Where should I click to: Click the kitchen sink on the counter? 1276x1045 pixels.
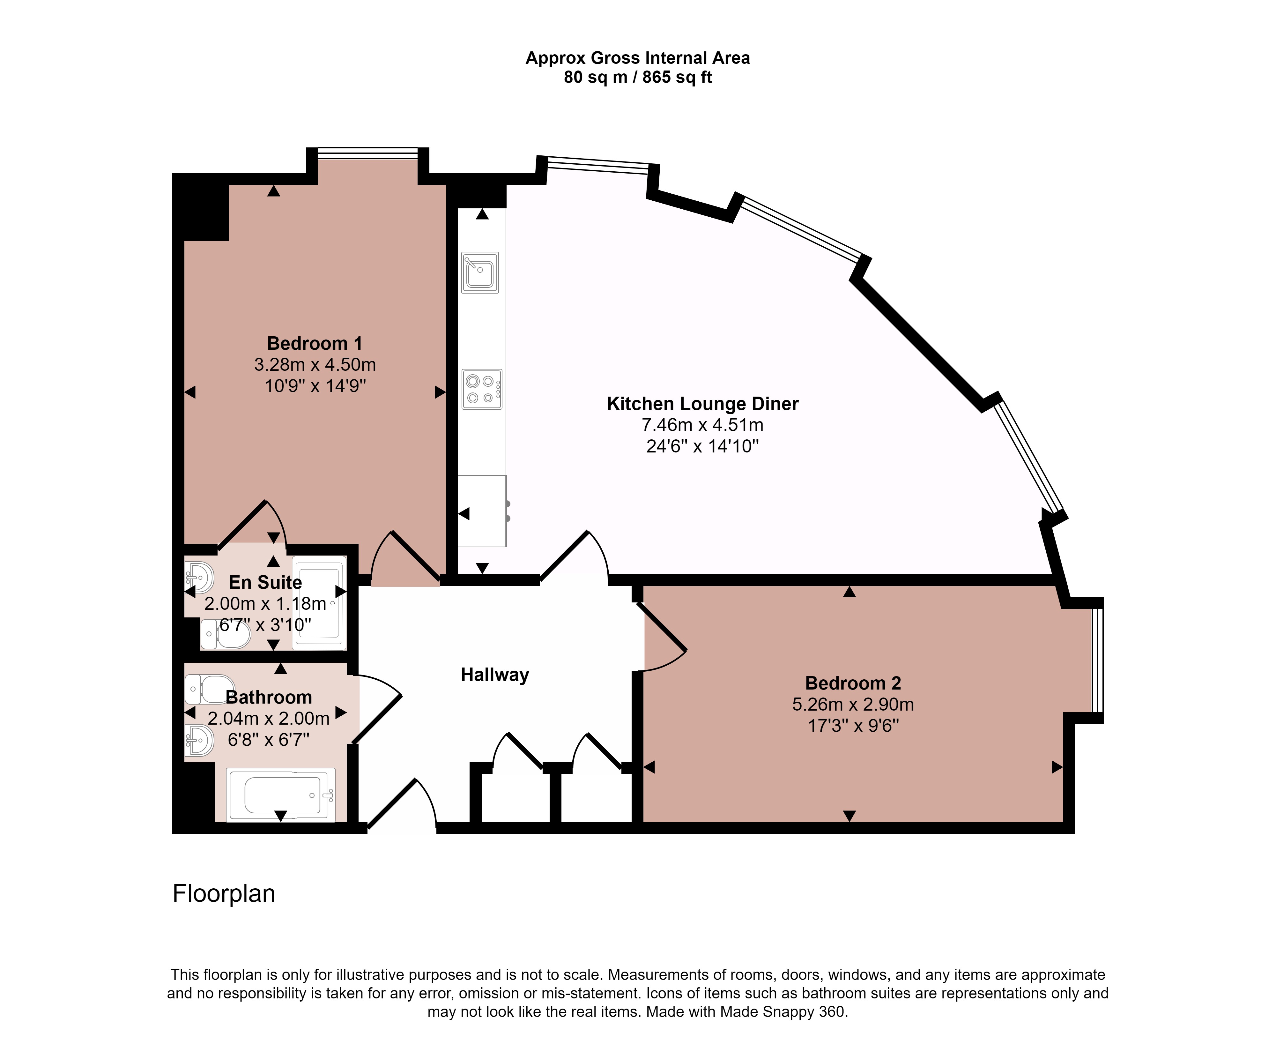pos(480,272)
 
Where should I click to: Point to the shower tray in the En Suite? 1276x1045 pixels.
pos(319,602)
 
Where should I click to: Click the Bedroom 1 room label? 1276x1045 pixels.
pos(315,343)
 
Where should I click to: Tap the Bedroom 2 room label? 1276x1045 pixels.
pos(853,683)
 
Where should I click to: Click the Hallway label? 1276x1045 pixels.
pos(495,675)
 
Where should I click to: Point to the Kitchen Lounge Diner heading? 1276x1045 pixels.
pos(702,403)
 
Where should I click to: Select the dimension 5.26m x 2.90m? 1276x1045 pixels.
pos(853,704)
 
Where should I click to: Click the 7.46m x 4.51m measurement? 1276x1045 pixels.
pos(702,425)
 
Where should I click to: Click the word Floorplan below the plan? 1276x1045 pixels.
pos(224,894)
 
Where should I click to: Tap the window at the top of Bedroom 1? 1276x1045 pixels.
pos(368,153)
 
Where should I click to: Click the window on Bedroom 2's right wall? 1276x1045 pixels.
pos(1098,661)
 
